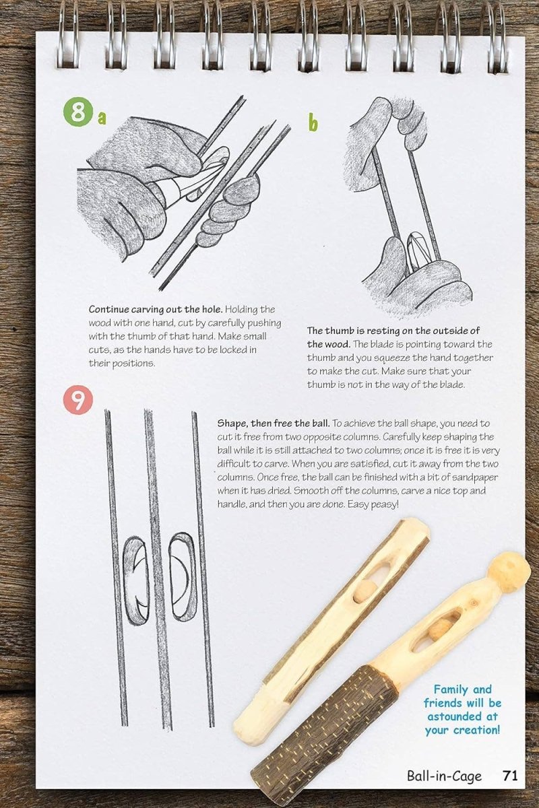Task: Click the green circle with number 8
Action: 78,112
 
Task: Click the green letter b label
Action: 313,123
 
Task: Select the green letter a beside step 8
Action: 102,118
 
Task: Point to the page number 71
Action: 511,776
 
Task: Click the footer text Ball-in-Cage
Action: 444,776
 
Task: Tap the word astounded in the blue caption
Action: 462,716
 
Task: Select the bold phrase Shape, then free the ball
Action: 273,424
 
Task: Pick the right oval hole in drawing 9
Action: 183,576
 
